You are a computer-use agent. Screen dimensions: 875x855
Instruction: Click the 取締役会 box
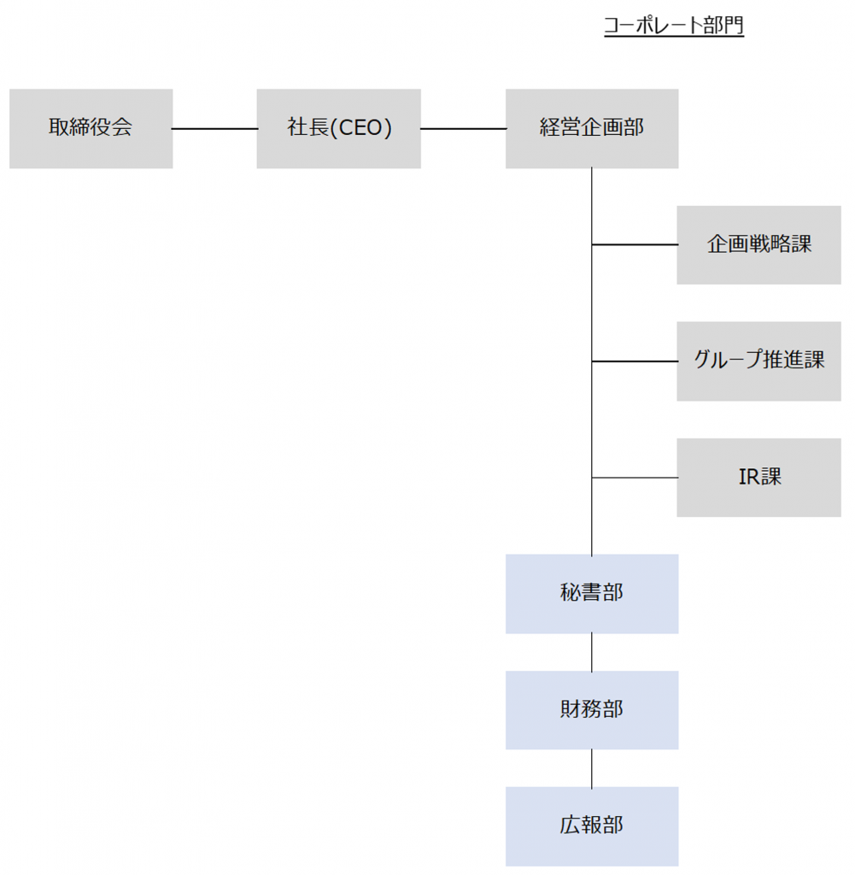(x=91, y=129)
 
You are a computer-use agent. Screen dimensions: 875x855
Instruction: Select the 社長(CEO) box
(x=338, y=129)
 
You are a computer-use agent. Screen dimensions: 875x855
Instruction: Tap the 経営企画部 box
(x=592, y=129)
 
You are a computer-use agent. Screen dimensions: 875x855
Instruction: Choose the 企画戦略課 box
(x=758, y=245)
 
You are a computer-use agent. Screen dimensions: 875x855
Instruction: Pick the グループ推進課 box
(x=758, y=361)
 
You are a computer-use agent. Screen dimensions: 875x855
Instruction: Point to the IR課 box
(x=758, y=478)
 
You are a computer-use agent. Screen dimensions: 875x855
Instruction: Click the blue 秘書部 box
(x=592, y=594)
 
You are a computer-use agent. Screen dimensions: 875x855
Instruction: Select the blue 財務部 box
(x=592, y=710)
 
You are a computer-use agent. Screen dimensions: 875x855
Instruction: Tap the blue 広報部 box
(x=592, y=826)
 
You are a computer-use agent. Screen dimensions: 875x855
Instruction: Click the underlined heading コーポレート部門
(x=674, y=26)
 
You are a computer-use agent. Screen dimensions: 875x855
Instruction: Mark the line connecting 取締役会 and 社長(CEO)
(x=214, y=129)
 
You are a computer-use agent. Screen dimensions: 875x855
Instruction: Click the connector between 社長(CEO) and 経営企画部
(x=463, y=129)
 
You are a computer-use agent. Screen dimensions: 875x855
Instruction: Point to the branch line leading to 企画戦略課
(x=635, y=245)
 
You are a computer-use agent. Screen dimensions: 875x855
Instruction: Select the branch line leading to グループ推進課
(x=635, y=361)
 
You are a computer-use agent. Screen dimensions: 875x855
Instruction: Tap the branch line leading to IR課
(x=635, y=478)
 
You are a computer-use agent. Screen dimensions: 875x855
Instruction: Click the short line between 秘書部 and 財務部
(x=592, y=652)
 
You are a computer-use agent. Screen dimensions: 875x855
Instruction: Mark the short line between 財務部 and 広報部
(x=592, y=768)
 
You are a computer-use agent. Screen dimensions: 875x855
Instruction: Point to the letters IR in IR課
(x=748, y=478)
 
